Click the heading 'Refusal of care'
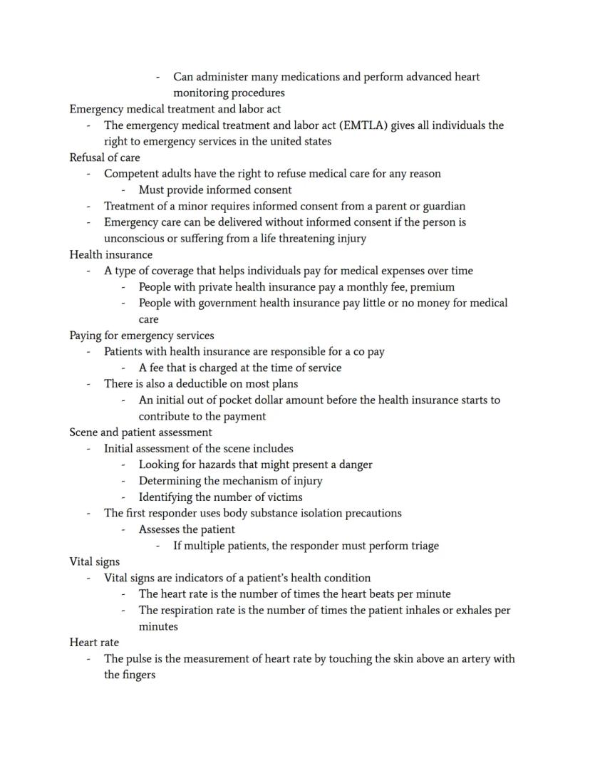tap(105, 157)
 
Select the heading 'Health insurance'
tap(110, 254)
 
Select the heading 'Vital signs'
tap(95, 562)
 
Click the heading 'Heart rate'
tap(94, 643)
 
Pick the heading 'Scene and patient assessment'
tap(140, 432)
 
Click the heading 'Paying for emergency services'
tap(141, 336)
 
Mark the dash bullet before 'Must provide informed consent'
tap(123, 190)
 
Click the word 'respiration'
tap(190, 611)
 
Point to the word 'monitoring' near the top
tap(202, 93)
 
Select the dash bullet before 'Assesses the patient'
tap(123, 530)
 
